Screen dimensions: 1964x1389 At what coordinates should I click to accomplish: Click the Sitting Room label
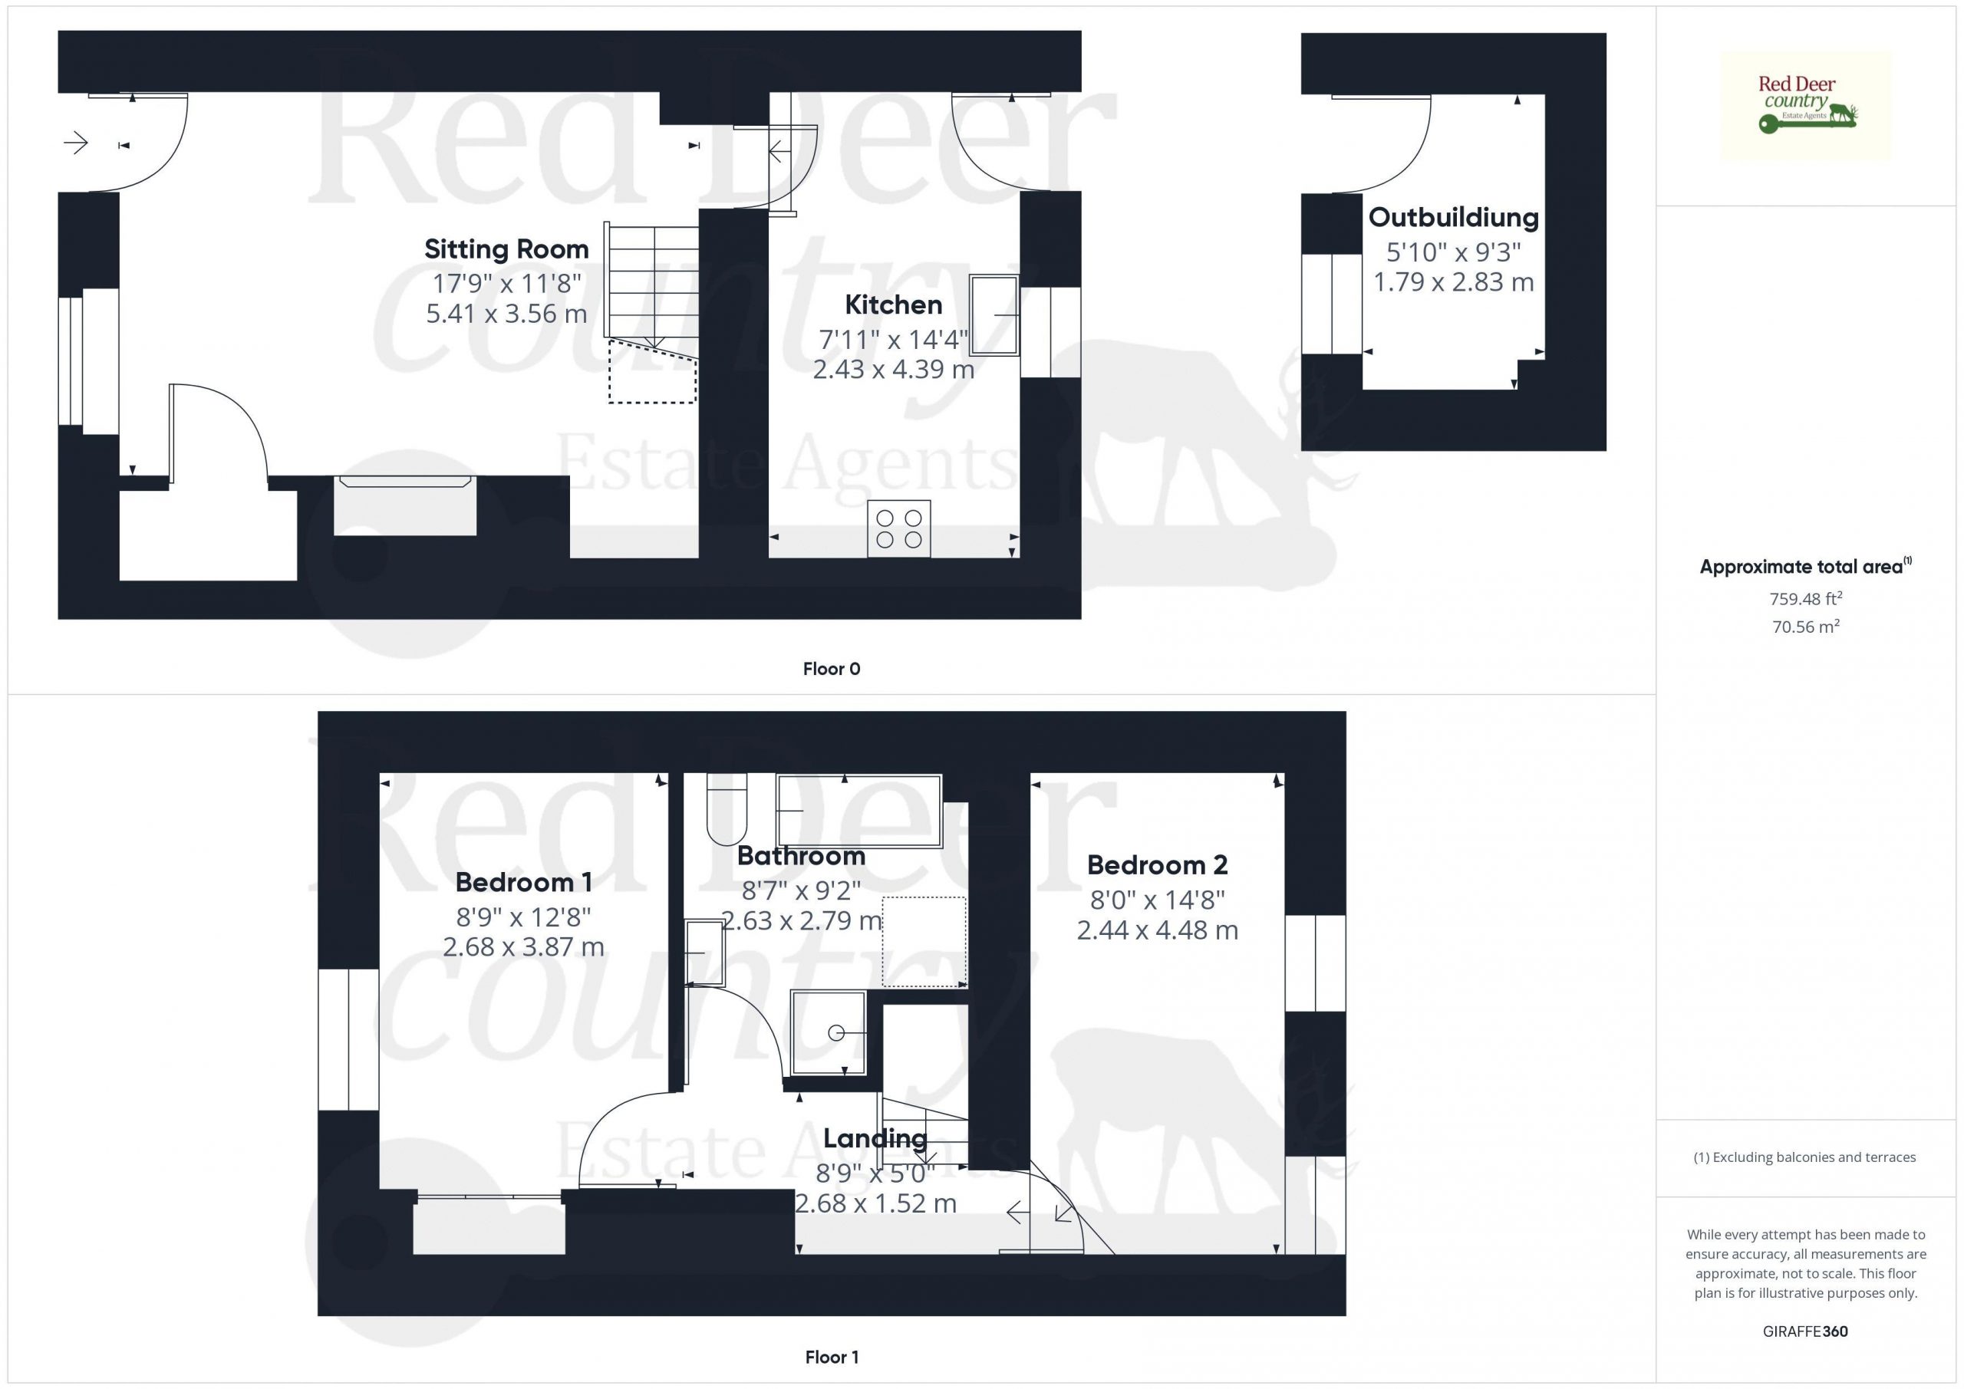pyautogui.click(x=506, y=249)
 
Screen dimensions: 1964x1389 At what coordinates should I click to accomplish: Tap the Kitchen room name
pyautogui.click(x=893, y=304)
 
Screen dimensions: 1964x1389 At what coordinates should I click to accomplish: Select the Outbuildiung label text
pyautogui.click(x=1453, y=217)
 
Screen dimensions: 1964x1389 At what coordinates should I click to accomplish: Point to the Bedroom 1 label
pyautogui.click(x=523, y=882)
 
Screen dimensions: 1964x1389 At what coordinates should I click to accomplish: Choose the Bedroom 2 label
pyautogui.click(x=1158, y=864)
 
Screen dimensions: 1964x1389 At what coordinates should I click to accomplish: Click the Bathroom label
pyautogui.click(x=801, y=855)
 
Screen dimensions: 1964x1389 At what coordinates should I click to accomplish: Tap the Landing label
pyautogui.click(x=875, y=1138)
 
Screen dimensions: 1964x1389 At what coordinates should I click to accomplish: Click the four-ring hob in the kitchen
pyautogui.click(x=899, y=528)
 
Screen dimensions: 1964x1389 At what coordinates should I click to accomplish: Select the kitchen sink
pyautogui.click(x=994, y=314)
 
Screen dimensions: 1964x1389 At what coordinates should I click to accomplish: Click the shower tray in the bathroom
pyautogui.click(x=829, y=1032)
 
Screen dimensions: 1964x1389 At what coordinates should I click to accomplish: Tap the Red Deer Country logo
pyautogui.click(x=1806, y=105)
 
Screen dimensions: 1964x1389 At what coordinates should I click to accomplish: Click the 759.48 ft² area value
pyautogui.click(x=1806, y=599)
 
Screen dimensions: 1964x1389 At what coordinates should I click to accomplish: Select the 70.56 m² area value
pyautogui.click(x=1806, y=627)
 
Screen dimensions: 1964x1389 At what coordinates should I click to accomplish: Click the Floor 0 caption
pyautogui.click(x=832, y=669)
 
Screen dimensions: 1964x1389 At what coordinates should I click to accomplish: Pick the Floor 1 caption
pyautogui.click(x=832, y=1358)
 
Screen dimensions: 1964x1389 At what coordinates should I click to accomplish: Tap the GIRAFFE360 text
pyautogui.click(x=1806, y=1331)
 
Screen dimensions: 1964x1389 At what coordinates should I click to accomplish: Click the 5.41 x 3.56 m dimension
pyautogui.click(x=506, y=314)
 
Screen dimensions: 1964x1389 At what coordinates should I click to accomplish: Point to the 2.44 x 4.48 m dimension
pyautogui.click(x=1158, y=930)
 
